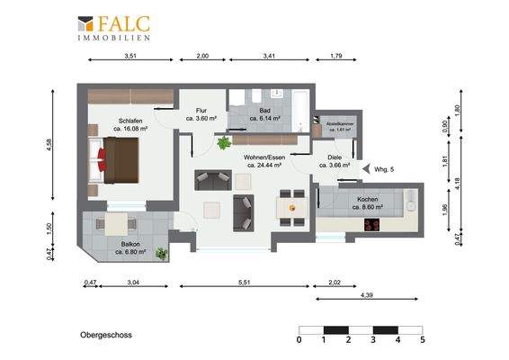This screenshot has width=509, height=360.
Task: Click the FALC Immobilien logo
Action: point(113,28)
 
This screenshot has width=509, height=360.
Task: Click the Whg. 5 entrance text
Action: point(383,167)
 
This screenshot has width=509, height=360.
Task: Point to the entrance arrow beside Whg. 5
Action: point(364,167)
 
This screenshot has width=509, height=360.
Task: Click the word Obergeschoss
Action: point(100,335)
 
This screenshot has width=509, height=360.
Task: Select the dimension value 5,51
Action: point(245,283)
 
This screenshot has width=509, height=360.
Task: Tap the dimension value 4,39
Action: point(367,295)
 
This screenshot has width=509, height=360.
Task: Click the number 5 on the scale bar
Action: point(422,340)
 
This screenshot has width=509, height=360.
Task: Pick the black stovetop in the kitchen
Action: point(372,219)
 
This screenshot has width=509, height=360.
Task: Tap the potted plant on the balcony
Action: point(162,254)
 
